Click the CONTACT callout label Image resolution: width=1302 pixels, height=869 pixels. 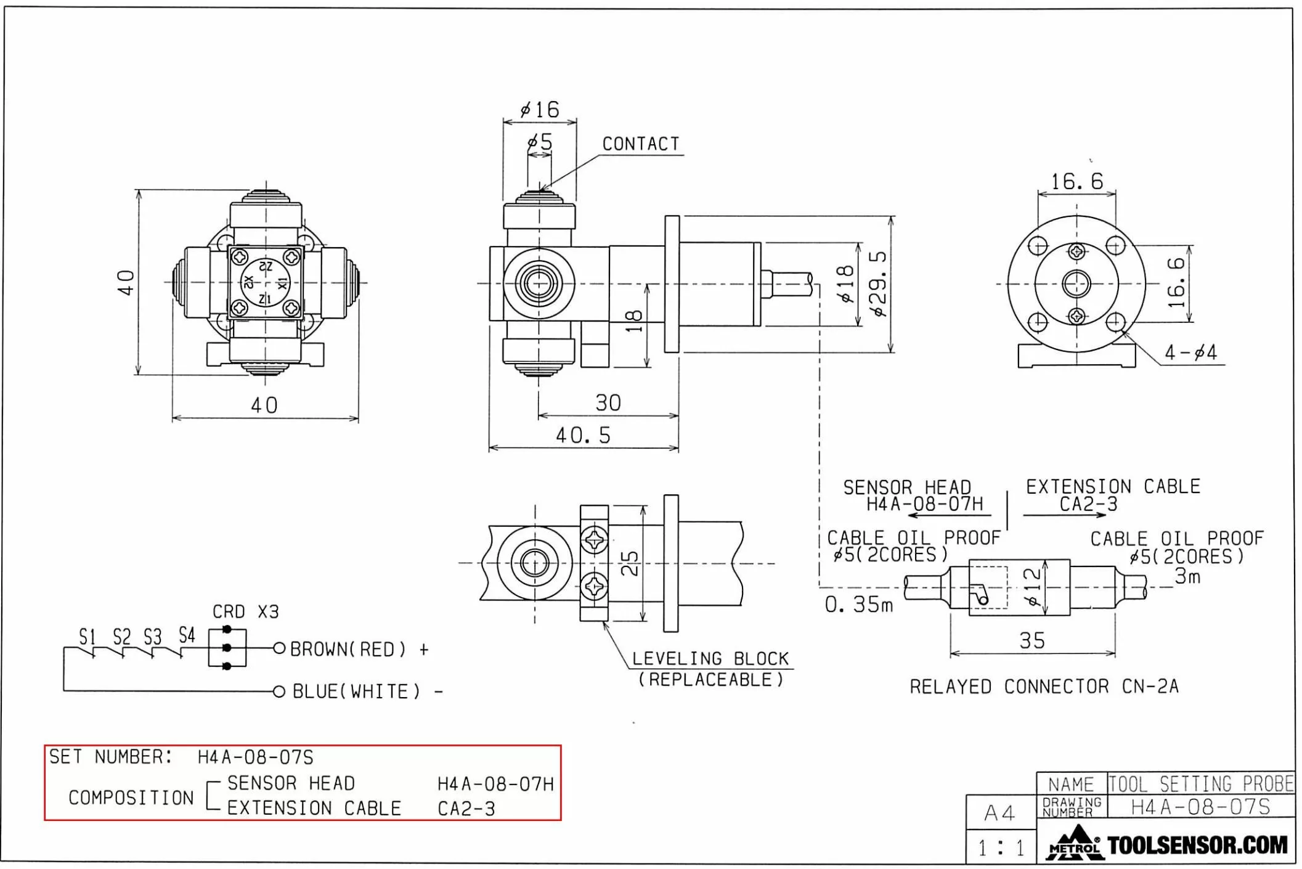(x=640, y=144)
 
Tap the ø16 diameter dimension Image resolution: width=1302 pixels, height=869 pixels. (x=540, y=110)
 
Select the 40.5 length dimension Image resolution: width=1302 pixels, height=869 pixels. (x=583, y=435)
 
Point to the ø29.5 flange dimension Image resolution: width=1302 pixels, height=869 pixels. (x=879, y=283)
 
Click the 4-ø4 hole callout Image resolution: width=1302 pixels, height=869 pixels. (x=1190, y=353)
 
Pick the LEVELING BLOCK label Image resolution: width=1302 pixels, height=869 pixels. (x=710, y=659)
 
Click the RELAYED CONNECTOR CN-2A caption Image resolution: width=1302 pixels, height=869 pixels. (x=1044, y=686)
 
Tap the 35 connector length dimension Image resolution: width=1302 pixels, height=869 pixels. (x=1032, y=640)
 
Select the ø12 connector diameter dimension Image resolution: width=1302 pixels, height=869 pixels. (x=1031, y=587)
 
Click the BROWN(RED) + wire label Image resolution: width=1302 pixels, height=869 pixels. (x=359, y=649)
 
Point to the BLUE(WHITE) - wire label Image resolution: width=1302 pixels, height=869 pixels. (x=367, y=692)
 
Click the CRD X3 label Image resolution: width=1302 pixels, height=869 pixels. (x=245, y=611)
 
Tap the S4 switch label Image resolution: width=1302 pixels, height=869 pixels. (x=187, y=635)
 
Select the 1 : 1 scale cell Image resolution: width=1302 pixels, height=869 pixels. (x=1001, y=848)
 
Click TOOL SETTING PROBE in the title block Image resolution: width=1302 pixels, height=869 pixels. (x=1200, y=784)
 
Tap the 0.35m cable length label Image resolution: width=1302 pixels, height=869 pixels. (x=858, y=605)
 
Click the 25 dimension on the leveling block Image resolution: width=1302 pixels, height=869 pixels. (x=629, y=563)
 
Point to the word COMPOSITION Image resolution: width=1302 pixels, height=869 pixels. (x=131, y=798)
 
